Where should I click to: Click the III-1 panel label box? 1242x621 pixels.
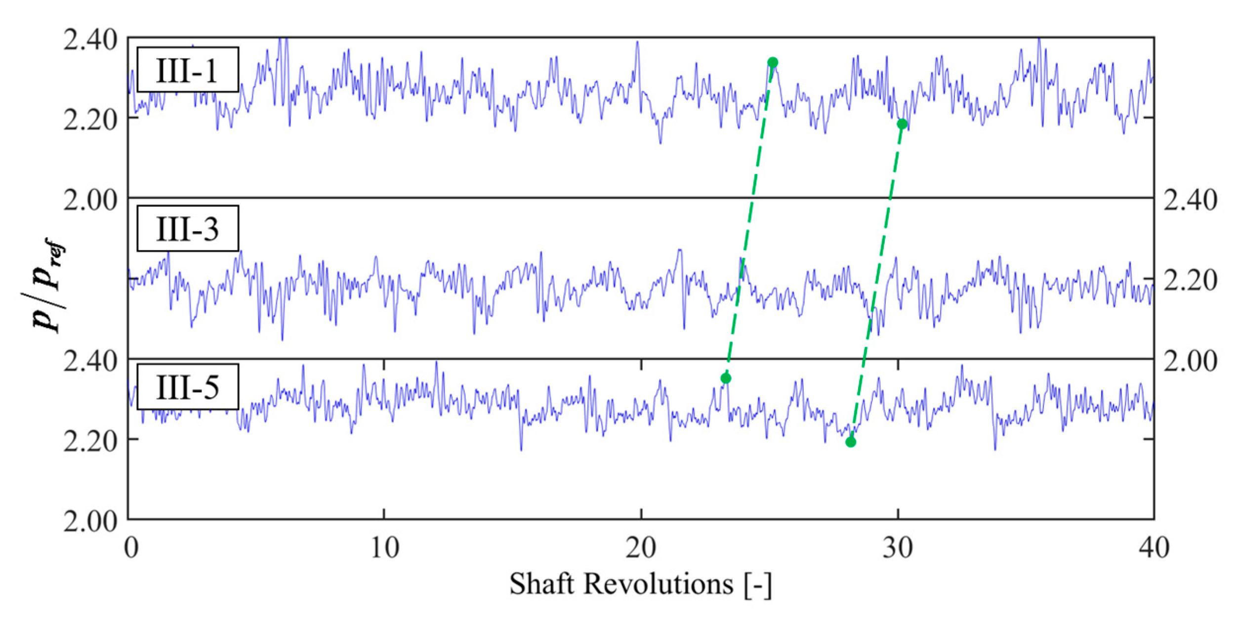[x=188, y=70]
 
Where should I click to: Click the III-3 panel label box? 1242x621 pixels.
[x=188, y=229]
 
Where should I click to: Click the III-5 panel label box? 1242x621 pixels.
[x=188, y=387]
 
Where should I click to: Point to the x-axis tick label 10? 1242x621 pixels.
[x=384, y=548]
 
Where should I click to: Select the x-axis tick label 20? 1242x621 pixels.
[x=641, y=548]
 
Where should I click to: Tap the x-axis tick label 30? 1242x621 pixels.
[x=898, y=548]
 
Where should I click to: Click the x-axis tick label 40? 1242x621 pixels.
[x=1154, y=548]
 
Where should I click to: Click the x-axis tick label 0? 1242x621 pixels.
[x=131, y=548]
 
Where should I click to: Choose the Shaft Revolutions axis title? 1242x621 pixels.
[x=641, y=584]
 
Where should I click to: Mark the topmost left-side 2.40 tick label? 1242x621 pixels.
[x=90, y=40]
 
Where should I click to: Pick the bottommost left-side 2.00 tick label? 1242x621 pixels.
[x=90, y=521]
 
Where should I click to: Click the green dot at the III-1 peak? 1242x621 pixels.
[x=773, y=62]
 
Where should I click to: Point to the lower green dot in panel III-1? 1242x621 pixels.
[x=902, y=124]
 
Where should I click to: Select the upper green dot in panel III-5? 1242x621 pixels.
[x=726, y=378]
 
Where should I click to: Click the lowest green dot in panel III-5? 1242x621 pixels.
[x=850, y=442]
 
